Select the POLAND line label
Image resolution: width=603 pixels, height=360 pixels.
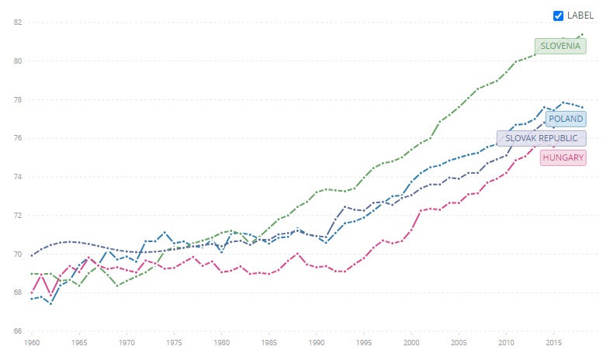click(565, 119)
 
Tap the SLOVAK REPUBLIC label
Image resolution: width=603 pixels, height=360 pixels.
click(541, 138)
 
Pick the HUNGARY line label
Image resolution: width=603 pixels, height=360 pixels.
click(563, 157)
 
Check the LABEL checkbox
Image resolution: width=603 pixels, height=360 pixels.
click(558, 16)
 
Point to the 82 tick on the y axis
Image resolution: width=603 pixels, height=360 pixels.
click(16, 22)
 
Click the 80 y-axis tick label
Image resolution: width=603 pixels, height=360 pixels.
click(16, 61)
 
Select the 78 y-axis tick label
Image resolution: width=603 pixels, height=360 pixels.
click(16, 99)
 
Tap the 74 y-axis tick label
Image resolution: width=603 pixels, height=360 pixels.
click(16, 177)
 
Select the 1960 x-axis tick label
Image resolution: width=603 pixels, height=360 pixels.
click(32, 341)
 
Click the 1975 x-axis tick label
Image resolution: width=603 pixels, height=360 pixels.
click(174, 341)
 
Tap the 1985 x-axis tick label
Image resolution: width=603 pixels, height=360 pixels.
click(269, 341)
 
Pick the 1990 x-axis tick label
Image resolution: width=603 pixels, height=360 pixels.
click(317, 341)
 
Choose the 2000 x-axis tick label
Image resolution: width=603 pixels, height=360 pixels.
click(411, 341)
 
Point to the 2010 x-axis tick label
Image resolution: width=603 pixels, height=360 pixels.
click(506, 341)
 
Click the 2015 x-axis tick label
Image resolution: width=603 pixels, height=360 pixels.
click(554, 341)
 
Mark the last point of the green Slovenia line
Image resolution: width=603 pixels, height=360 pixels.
click(582, 34)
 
